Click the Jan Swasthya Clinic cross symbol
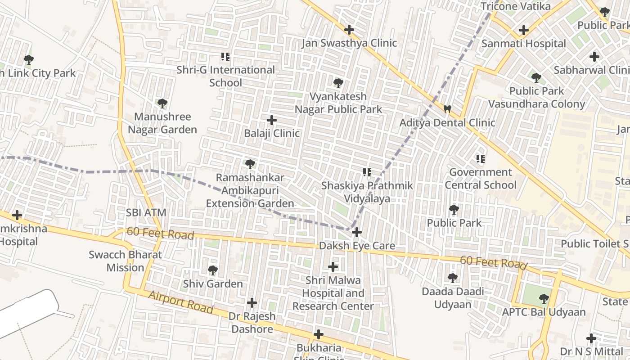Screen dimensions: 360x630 click(349, 30)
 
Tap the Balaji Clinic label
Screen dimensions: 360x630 click(272, 133)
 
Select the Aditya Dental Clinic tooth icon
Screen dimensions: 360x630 click(447, 109)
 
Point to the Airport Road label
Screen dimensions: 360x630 click(180, 302)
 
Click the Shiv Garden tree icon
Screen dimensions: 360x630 click(213, 270)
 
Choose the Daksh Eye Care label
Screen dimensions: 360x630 click(357, 246)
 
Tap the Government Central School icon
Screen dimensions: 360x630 click(481, 158)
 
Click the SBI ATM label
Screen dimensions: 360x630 click(146, 212)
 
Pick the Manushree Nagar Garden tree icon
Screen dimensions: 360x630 click(162, 103)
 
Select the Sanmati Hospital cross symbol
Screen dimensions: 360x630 click(523, 30)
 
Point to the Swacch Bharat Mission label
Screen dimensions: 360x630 click(125, 261)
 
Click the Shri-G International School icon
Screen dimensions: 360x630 click(225, 57)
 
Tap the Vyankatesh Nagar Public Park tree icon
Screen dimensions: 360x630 click(338, 83)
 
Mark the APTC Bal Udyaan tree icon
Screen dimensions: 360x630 click(544, 298)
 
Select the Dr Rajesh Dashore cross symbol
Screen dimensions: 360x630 click(252, 302)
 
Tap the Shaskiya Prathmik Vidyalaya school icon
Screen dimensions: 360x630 click(367, 172)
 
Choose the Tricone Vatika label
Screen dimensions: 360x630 click(516, 6)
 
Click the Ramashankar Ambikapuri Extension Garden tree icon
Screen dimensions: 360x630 click(250, 164)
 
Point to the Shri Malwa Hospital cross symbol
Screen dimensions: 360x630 click(333, 267)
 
